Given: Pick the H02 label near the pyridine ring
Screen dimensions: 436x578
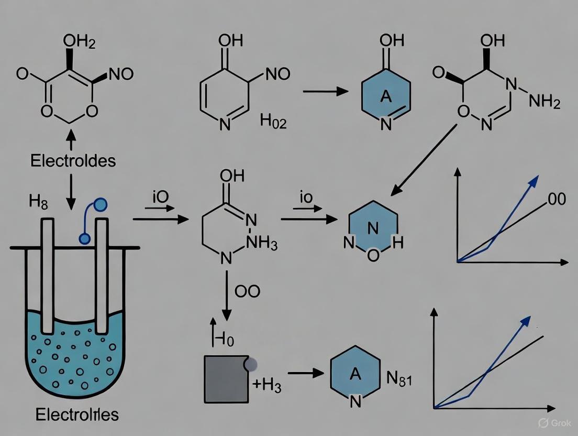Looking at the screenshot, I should click(x=273, y=124).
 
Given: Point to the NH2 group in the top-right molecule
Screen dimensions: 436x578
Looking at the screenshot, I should click(x=544, y=102).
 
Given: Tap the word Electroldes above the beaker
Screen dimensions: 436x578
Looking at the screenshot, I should click(x=73, y=160).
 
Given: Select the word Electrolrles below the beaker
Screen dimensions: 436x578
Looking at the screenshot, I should click(x=77, y=415).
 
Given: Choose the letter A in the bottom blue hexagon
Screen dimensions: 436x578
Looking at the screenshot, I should click(x=355, y=374).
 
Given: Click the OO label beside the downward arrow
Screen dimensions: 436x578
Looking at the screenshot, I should click(x=247, y=291).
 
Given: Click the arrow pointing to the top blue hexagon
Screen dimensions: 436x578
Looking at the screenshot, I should click(x=326, y=91).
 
